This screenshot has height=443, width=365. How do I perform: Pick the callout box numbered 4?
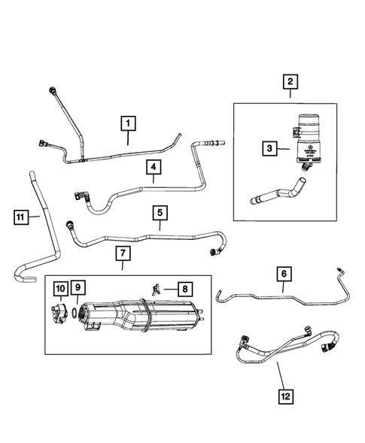click(152, 168)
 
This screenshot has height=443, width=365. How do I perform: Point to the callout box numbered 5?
click(160, 214)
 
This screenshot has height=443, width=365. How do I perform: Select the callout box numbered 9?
click(79, 287)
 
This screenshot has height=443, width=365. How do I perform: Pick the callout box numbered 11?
click(23, 218)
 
